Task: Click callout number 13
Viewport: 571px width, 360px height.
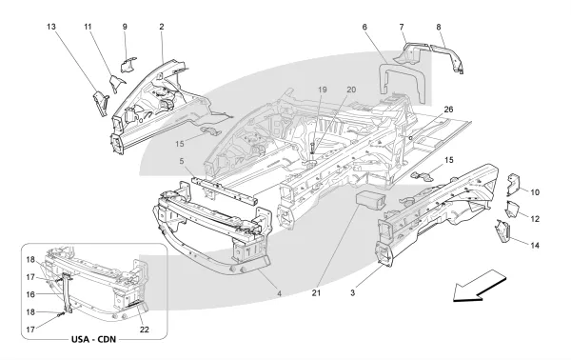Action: [x=51, y=27]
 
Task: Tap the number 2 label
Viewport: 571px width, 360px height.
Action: [x=162, y=27]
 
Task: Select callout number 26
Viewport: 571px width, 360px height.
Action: [x=448, y=110]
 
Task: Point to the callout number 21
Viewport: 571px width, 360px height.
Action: [x=316, y=292]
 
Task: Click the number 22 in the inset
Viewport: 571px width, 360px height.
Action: [x=145, y=330]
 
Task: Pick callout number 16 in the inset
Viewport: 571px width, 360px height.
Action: [x=30, y=294]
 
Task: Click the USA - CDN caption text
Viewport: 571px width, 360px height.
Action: [x=93, y=339]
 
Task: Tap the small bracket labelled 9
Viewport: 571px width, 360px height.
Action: [x=128, y=64]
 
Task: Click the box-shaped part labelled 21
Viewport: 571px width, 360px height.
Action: [x=370, y=201]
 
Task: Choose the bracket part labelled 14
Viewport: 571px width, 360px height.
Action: [x=503, y=231]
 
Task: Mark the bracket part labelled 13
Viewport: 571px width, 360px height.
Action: [x=101, y=104]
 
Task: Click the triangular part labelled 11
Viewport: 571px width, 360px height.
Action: [x=117, y=83]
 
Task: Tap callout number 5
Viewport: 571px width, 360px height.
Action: [x=182, y=161]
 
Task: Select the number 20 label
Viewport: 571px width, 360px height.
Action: [x=351, y=90]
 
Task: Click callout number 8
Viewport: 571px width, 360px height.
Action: [x=439, y=27]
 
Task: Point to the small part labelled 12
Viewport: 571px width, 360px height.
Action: [x=511, y=210]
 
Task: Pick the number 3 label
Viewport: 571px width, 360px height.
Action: [x=352, y=292]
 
